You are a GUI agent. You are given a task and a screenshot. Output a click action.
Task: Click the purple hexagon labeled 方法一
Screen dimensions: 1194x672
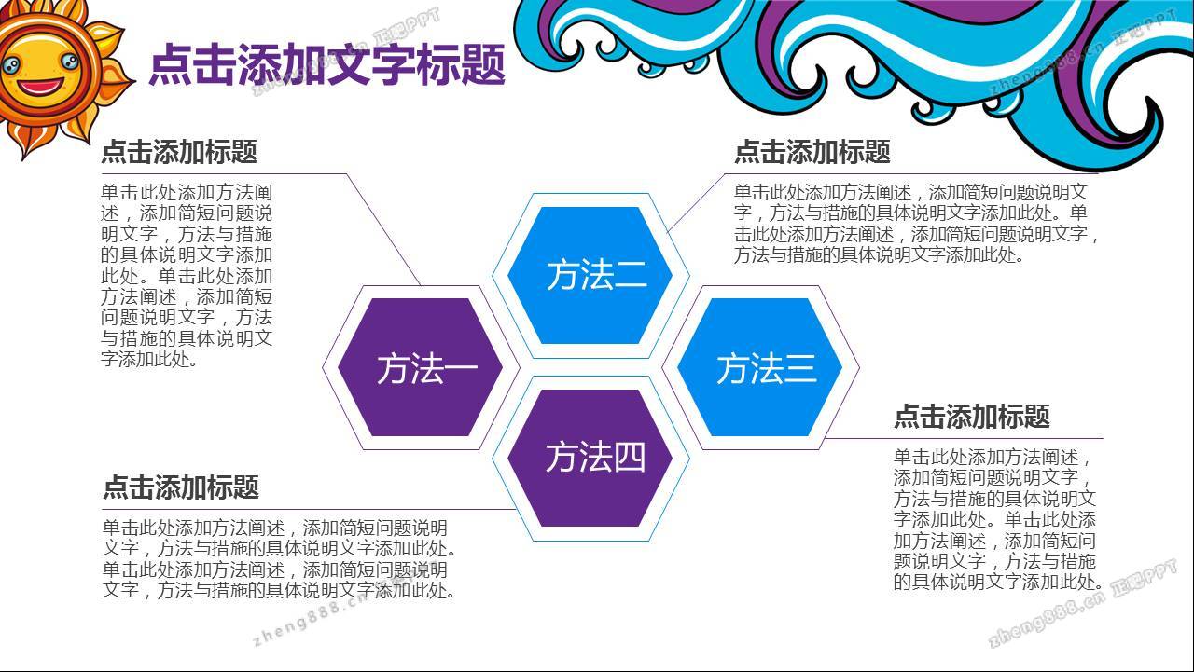420,367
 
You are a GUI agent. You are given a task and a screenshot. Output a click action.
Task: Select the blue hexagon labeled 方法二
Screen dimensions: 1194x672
590,275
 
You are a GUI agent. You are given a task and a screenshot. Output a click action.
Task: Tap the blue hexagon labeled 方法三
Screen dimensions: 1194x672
759,367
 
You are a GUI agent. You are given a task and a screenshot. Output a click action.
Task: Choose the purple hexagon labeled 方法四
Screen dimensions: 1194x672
590,458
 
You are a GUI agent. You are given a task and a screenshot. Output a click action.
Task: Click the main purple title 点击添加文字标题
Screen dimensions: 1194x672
326,64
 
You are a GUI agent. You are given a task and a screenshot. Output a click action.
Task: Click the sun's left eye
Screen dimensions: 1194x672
10,65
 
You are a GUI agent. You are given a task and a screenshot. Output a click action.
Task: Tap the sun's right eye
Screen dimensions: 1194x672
69,62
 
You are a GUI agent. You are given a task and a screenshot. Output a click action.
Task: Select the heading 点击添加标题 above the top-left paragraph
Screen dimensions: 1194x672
179,152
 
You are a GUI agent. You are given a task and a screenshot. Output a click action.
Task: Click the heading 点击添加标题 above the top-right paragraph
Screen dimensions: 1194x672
812,152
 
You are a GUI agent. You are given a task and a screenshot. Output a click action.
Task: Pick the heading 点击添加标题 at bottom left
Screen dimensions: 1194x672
181,487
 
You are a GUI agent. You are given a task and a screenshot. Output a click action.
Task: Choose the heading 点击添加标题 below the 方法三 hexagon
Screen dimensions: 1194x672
971,417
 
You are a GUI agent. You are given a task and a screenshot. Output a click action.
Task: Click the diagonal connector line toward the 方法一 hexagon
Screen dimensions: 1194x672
383,229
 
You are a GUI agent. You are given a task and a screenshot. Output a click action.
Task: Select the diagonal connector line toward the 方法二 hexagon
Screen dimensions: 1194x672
696,203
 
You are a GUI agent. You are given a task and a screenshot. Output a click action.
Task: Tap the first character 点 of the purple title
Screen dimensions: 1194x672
170,64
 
